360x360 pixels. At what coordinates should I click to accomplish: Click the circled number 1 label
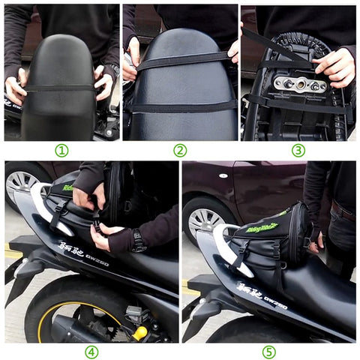[61, 150]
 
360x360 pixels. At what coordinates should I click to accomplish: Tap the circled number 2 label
[180, 150]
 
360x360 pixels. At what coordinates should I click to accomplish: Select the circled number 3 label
[298, 150]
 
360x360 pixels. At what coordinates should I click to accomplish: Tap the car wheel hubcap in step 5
[204, 220]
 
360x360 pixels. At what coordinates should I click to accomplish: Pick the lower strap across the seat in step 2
[180, 106]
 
